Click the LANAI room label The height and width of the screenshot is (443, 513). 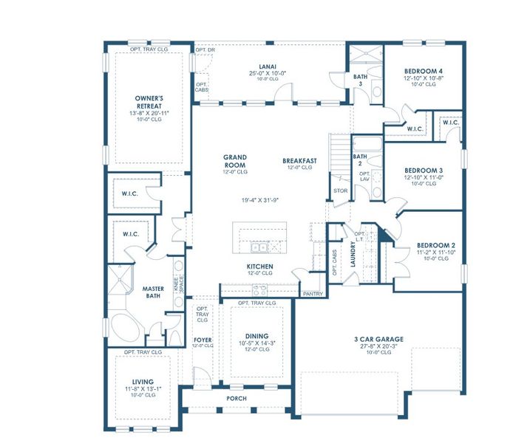(268, 65)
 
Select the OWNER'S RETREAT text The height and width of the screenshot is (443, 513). (149, 101)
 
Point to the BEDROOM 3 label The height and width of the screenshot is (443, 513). (424, 171)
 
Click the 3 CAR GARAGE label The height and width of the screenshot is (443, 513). (378, 340)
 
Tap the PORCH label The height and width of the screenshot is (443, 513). (237, 399)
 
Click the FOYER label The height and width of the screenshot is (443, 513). (203, 340)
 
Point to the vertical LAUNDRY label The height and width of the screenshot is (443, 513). (353, 255)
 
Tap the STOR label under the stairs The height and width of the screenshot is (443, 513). (340, 190)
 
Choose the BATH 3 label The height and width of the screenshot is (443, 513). (359, 79)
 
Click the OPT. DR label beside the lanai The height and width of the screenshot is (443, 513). (205, 50)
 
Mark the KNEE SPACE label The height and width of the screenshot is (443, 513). (177, 282)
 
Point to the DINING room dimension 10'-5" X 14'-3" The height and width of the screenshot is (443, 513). (256, 343)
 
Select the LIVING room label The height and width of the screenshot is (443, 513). (138, 382)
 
